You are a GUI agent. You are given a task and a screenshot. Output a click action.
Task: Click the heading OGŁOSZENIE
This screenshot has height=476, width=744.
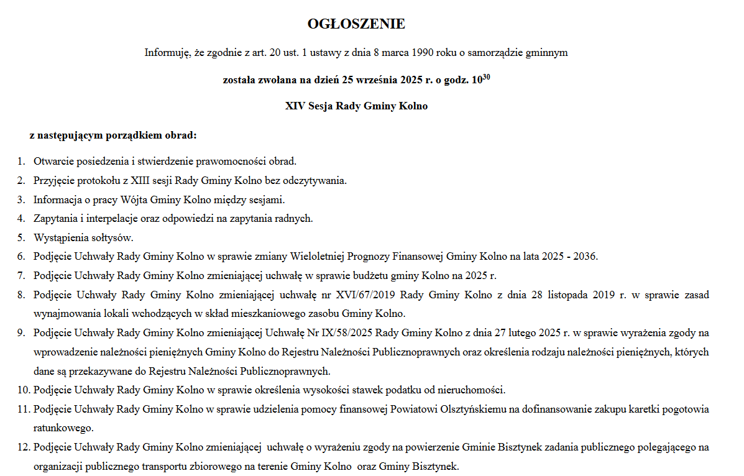click(x=356, y=24)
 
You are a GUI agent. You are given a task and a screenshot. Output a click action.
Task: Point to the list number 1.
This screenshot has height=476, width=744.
click(x=21, y=162)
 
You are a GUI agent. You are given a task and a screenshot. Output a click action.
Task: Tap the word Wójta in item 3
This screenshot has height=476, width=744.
click(x=137, y=199)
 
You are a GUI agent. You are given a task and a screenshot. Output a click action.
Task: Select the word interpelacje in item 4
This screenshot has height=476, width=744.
click(x=108, y=218)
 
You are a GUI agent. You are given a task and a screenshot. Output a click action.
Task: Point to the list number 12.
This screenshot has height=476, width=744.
click(x=22, y=447)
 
